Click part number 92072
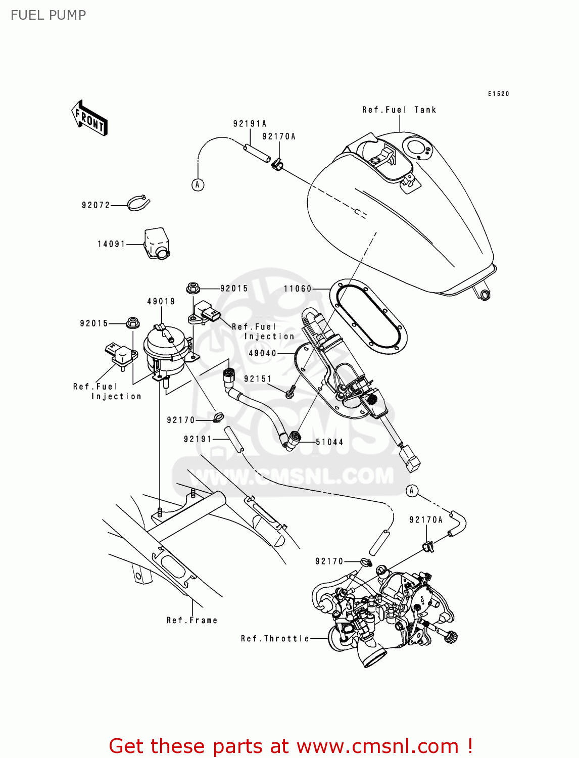(x=95, y=205)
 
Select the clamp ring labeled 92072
(x=138, y=203)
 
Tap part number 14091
(x=111, y=244)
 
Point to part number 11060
(x=298, y=289)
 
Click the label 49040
(x=263, y=353)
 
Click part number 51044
(x=329, y=442)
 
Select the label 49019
(x=161, y=301)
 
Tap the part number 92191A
(x=250, y=124)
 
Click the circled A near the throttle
(x=412, y=491)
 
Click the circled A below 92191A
(x=198, y=185)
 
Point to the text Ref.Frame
(x=192, y=620)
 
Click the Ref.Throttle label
(x=275, y=639)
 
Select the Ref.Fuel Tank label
(x=399, y=110)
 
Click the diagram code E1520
(x=499, y=94)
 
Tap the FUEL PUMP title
(x=49, y=15)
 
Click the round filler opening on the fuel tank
(x=418, y=149)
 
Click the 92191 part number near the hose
(x=198, y=439)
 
